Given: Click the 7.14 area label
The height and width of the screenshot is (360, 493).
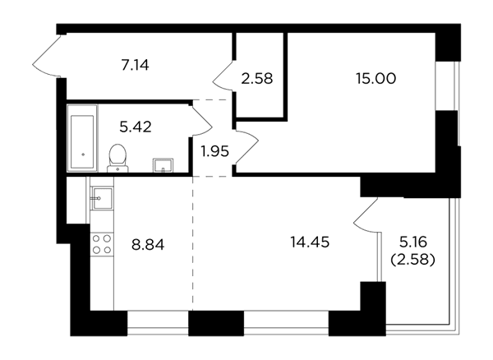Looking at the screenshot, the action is (x=135, y=66).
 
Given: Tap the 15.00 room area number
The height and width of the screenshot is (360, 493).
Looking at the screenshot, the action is (x=376, y=79).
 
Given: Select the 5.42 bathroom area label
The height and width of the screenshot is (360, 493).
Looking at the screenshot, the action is (x=136, y=127).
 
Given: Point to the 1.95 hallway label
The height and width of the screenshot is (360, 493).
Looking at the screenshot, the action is (x=215, y=151).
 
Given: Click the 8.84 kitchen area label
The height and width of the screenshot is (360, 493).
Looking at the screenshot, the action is (x=148, y=245).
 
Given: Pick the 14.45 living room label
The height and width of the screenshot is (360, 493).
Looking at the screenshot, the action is (x=310, y=242).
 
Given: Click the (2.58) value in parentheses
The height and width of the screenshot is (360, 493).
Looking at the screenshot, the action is (x=412, y=260).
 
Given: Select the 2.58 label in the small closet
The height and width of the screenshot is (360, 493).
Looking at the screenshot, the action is (x=257, y=79).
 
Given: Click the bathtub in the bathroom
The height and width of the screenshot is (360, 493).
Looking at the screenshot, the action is (x=82, y=138).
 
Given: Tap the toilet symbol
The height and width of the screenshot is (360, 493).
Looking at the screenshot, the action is (x=117, y=158).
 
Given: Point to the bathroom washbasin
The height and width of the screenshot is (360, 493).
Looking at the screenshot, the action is (x=164, y=165).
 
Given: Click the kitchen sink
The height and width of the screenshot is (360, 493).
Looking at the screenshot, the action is (x=102, y=198).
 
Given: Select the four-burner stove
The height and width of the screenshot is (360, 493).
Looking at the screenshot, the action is (x=102, y=244).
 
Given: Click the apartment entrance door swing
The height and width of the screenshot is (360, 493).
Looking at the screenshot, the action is (x=47, y=57).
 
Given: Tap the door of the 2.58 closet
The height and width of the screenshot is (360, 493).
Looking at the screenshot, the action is (x=223, y=76).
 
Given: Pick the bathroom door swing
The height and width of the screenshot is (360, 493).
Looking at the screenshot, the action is (x=202, y=121).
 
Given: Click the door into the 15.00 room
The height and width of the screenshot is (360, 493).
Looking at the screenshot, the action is (x=246, y=147).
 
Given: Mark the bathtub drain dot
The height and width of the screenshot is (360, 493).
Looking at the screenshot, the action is (x=83, y=155).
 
